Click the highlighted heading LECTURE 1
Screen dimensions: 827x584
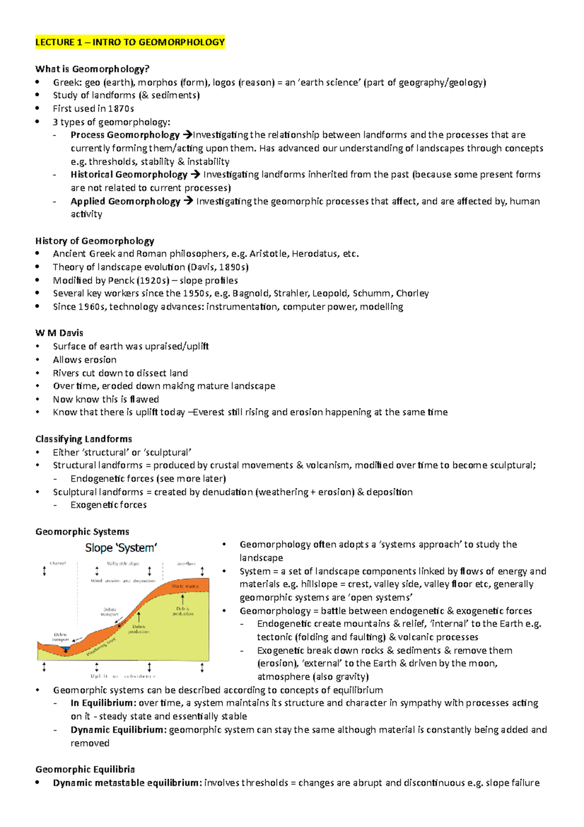pos(129,42)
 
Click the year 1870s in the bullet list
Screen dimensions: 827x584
pos(121,109)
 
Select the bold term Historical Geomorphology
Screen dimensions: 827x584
pos(128,174)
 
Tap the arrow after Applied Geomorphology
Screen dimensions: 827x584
pos(188,201)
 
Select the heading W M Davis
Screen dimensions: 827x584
pos(59,333)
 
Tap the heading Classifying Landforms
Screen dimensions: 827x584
pos(83,439)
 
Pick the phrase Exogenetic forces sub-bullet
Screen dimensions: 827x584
pos(109,505)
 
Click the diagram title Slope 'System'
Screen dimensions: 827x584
pos(121,548)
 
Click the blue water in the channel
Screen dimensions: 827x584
pos(66,649)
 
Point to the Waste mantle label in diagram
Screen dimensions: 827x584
pos(184,586)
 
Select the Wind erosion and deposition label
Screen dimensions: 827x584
pos(123,581)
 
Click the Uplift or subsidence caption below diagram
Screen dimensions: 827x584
pos(123,676)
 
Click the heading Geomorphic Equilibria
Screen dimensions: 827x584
pos(85,770)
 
